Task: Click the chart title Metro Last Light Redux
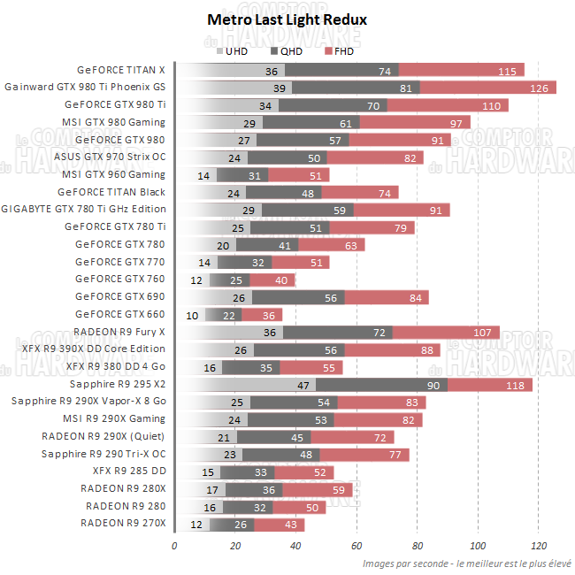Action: tap(287, 19)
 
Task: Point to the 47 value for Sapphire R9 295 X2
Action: tap(303, 385)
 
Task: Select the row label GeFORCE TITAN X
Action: tap(121, 70)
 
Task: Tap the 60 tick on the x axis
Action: tap(356, 545)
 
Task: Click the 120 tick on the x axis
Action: tap(538, 545)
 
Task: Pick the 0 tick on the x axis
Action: tap(175, 545)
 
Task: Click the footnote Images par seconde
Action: tap(466, 563)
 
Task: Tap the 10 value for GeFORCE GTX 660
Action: tap(192, 315)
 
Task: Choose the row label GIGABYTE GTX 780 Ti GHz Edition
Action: tap(84, 210)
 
